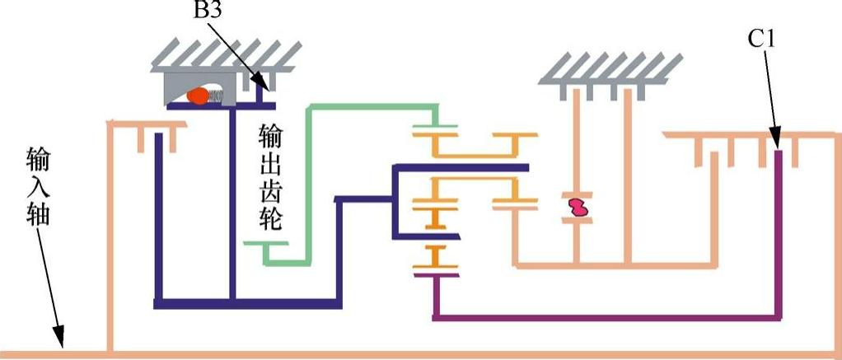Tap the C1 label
tap(760, 38)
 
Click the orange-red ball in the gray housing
tap(198, 96)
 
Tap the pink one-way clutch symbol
tap(578, 207)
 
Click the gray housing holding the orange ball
tap(177, 82)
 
